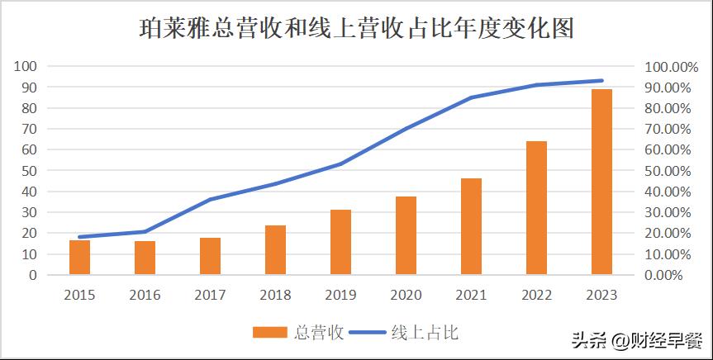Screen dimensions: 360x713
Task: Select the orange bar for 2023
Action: point(601,182)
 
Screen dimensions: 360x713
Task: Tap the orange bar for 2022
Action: point(536,208)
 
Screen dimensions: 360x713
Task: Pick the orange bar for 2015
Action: point(79,258)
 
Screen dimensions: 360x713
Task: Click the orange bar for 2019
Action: point(340,242)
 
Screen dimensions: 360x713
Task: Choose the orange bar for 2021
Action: point(471,226)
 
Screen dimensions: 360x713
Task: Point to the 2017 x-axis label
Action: point(210,295)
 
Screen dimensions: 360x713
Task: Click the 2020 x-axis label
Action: point(406,295)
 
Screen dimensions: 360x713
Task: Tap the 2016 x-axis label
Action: point(145,295)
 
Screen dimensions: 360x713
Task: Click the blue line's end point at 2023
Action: point(601,80)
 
